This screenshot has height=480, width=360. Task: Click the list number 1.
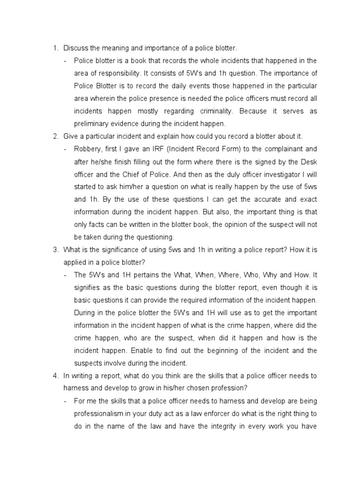tap(54, 48)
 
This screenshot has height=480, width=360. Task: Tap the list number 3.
tap(54, 249)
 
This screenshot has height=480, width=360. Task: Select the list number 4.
tap(54, 375)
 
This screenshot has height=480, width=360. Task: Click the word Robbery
tap(87, 149)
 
